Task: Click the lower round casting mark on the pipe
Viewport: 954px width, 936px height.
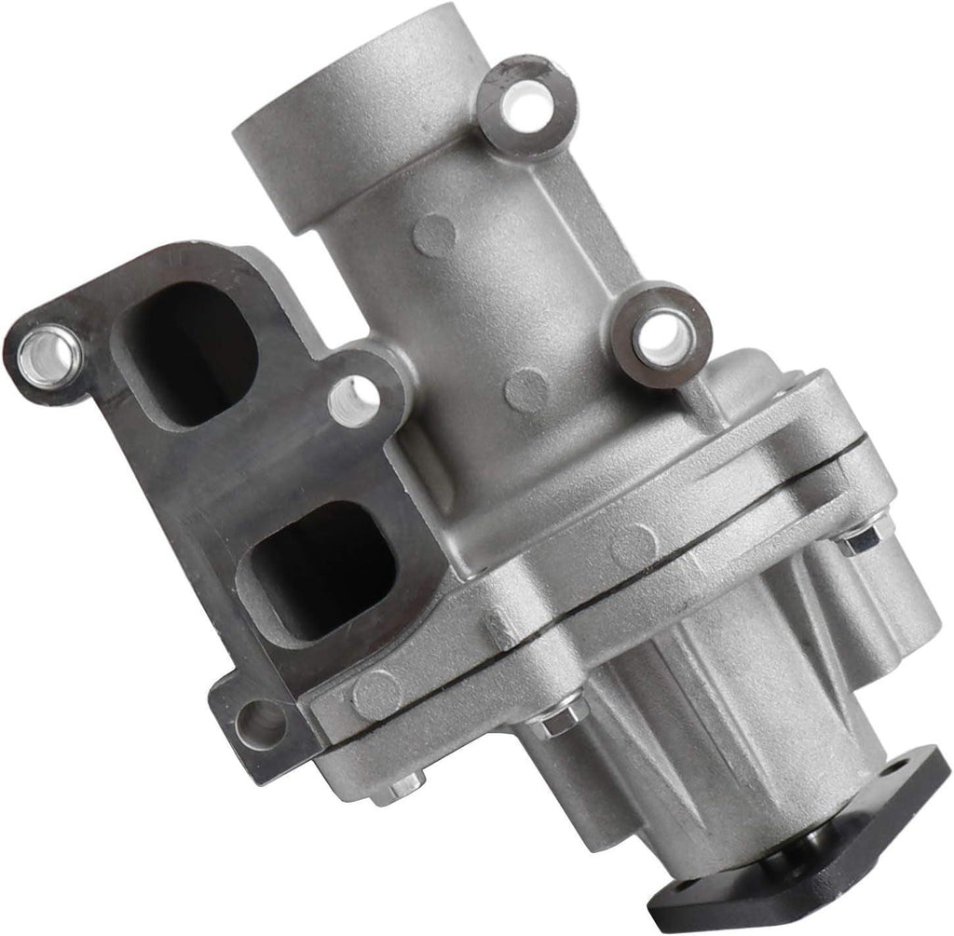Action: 528,388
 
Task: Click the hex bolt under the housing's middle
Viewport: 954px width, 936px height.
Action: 556,720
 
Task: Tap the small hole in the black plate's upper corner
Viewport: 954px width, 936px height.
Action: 923,774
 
